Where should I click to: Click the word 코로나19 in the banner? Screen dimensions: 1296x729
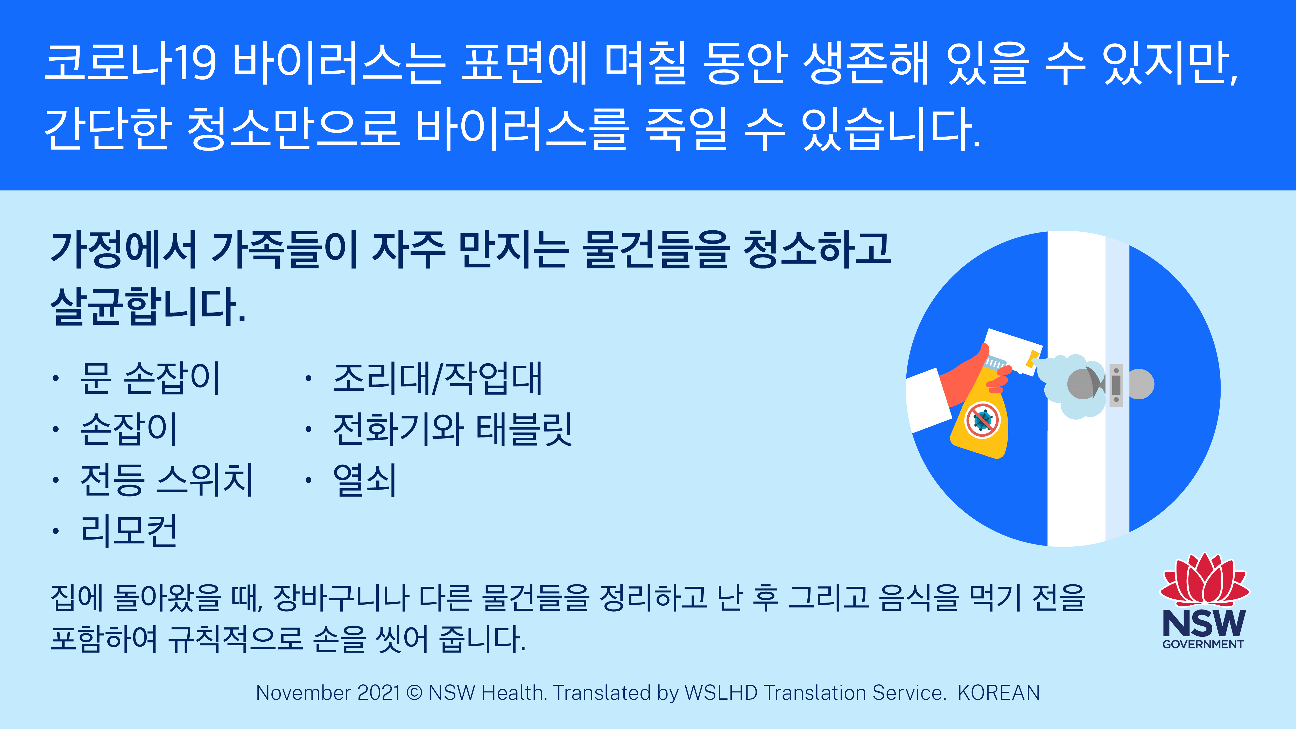(x=131, y=64)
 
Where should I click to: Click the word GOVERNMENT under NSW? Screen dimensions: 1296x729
(x=1203, y=644)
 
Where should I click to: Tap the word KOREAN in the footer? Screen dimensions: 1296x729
(x=999, y=693)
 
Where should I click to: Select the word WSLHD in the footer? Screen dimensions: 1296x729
(x=721, y=693)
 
